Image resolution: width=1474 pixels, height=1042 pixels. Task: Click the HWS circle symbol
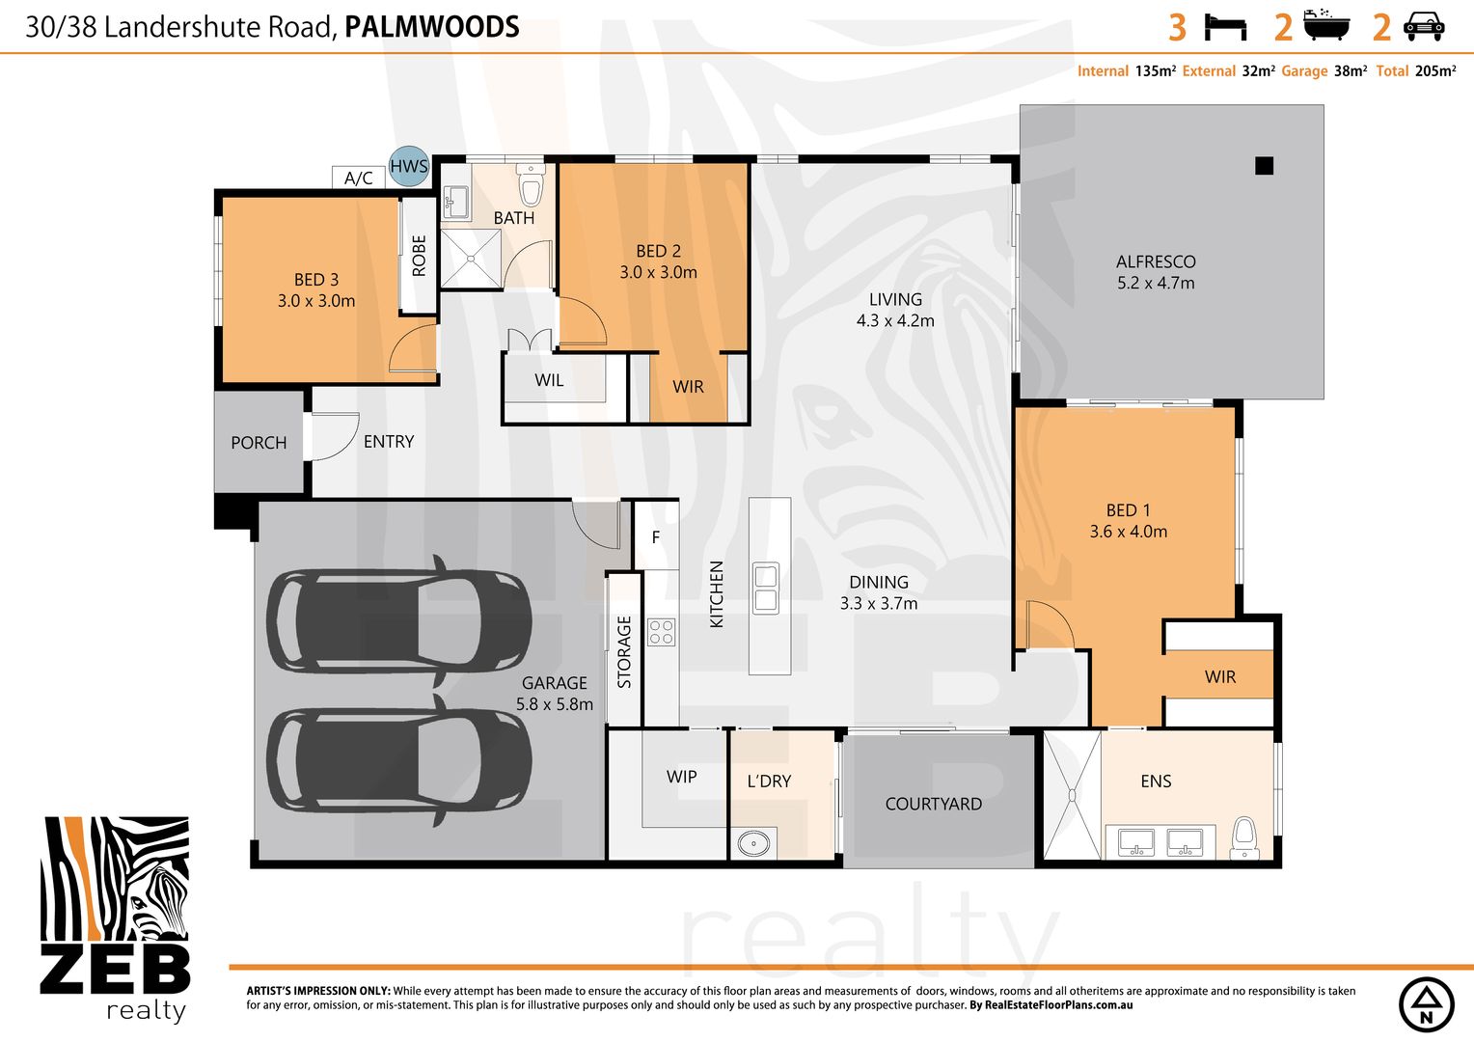(x=409, y=166)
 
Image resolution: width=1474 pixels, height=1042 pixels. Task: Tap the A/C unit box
(x=358, y=178)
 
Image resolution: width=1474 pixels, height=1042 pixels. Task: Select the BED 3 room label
(x=316, y=280)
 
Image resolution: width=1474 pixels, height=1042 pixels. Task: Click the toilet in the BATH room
(x=531, y=183)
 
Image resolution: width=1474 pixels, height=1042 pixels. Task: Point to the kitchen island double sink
(x=766, y=588)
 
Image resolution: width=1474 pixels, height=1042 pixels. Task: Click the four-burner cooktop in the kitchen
(x=662, y=633)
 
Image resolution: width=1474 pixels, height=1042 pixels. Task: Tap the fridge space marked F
(x=656, y=536)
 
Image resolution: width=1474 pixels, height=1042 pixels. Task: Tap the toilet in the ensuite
(x=1244, y=836)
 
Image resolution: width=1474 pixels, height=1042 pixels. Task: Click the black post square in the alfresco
(x=1264, y=166)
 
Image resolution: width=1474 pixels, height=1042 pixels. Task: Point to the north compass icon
(x=1427, y=1004)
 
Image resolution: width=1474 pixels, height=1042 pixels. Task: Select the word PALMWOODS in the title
(x=432, y=27)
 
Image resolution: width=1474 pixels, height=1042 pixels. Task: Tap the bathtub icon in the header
(x=1326, y=26)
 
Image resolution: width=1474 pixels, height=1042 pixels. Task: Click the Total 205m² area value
(x=1434, y=71)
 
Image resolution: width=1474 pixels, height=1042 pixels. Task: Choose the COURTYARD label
(x=933, y=804)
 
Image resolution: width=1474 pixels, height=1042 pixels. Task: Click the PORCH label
(x=259, y=443)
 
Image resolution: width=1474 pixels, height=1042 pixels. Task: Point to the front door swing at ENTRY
(x=333, y=436)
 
